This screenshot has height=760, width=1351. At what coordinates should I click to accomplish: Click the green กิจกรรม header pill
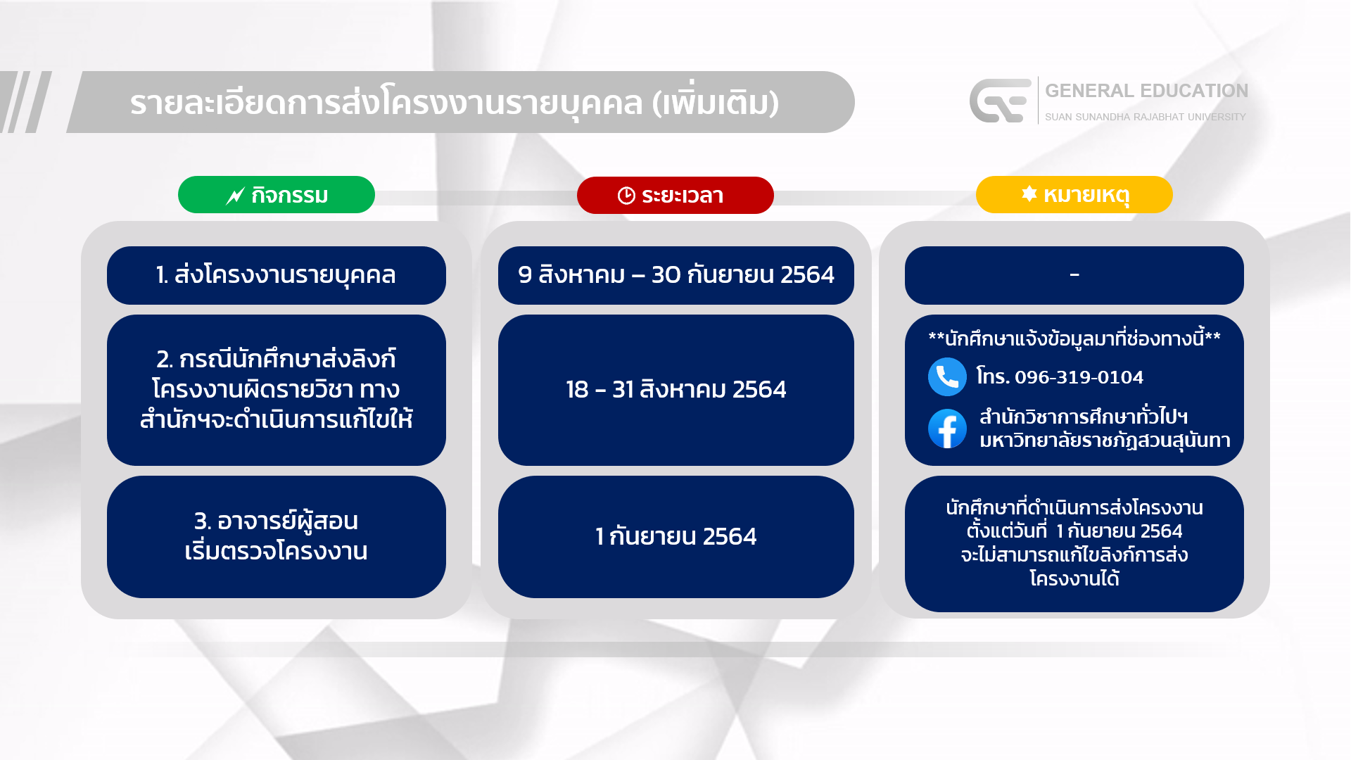(276, 195)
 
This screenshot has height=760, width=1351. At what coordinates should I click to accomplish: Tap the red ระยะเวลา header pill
(675, 195)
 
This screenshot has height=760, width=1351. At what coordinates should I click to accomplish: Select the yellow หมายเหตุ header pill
(1074, 195)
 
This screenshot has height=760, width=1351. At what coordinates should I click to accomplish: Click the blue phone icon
(947, 377)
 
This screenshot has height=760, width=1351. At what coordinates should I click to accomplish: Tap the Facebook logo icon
(947, 429)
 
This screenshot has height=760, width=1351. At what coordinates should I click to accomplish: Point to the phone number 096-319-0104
(1079, 377)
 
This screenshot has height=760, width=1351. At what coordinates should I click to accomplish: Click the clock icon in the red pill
(626, 196)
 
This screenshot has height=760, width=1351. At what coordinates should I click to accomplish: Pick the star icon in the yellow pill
(1029, 194)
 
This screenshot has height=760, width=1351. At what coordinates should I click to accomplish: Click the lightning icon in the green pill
(235, 196)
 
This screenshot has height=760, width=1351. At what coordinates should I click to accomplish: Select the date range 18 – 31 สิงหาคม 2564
(676, 389)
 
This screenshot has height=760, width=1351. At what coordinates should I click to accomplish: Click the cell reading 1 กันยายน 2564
(676, 536)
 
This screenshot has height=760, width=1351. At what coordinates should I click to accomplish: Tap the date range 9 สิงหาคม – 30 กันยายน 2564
(676, 274)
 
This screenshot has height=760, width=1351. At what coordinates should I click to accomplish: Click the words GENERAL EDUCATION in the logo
(1146, 91)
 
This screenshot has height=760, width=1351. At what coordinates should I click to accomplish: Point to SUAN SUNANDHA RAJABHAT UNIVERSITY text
(1145, 117)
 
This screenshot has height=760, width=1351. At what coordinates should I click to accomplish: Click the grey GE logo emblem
(1000, 101)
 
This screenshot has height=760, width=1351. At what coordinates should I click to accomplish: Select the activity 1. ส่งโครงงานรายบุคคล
(276, 275)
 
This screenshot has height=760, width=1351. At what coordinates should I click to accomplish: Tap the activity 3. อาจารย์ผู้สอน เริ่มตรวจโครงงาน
(276, 536)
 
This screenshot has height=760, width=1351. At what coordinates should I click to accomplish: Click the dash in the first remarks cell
(1074, 274)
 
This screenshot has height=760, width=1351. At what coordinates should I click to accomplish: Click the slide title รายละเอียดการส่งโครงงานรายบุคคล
(386, 103)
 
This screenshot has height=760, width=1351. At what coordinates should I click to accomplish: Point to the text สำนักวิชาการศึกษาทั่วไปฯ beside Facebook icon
(1084, 417)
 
